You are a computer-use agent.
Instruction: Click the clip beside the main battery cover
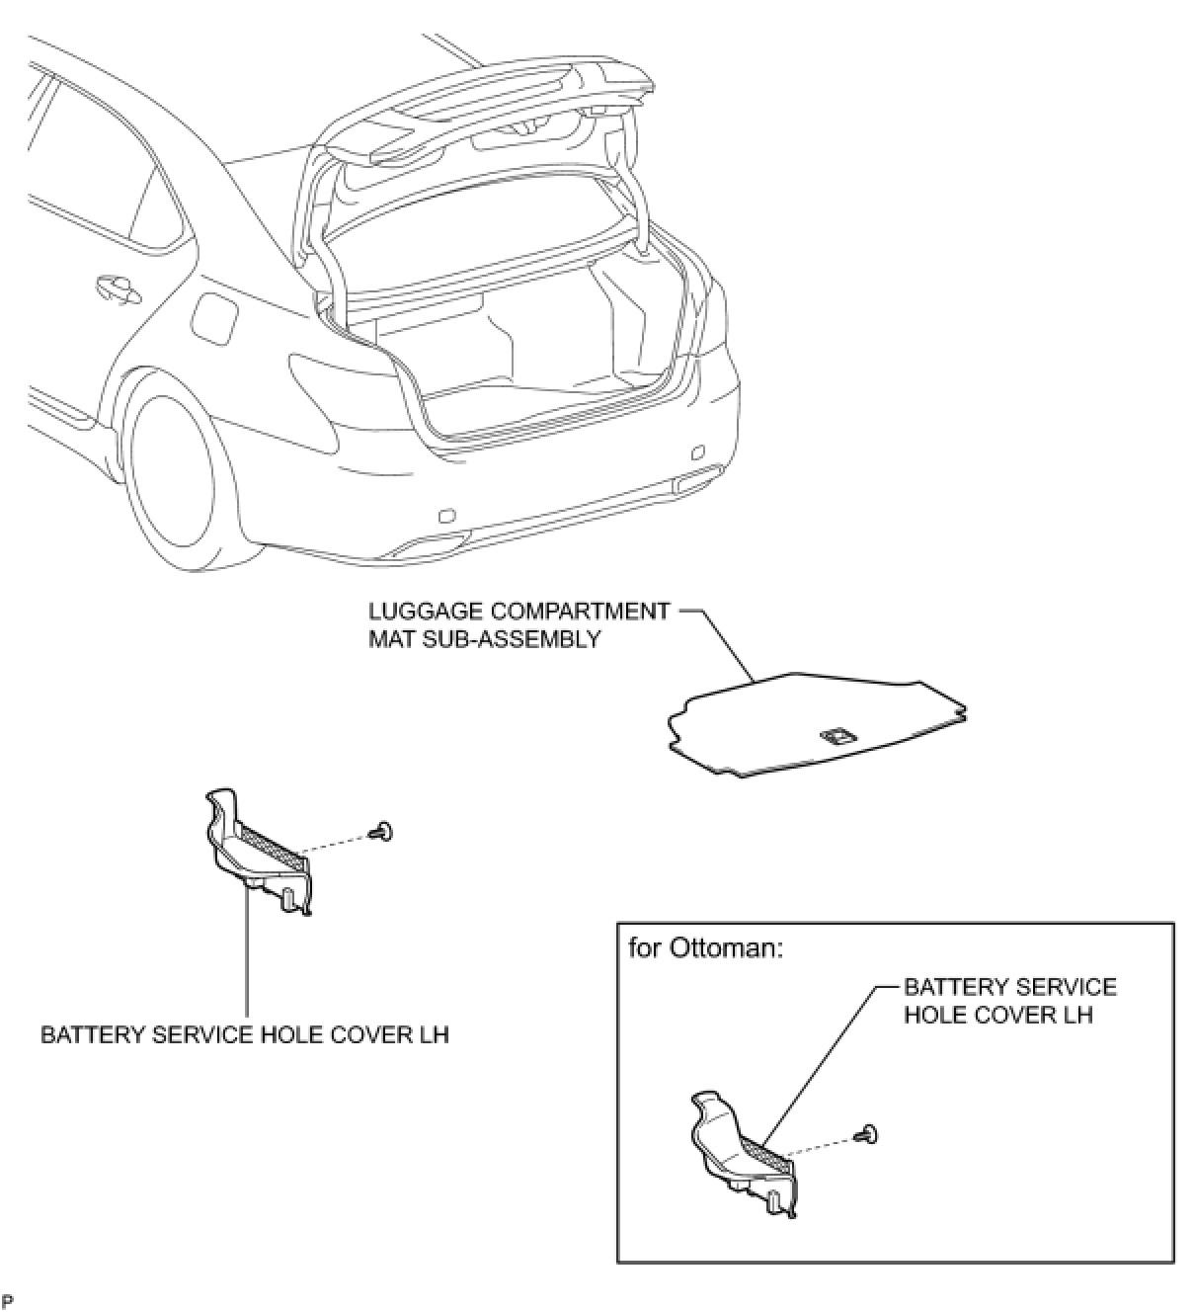click(381, 833)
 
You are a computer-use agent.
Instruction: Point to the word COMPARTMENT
click(583, 612)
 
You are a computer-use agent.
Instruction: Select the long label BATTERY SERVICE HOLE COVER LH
click(245, 1035)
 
